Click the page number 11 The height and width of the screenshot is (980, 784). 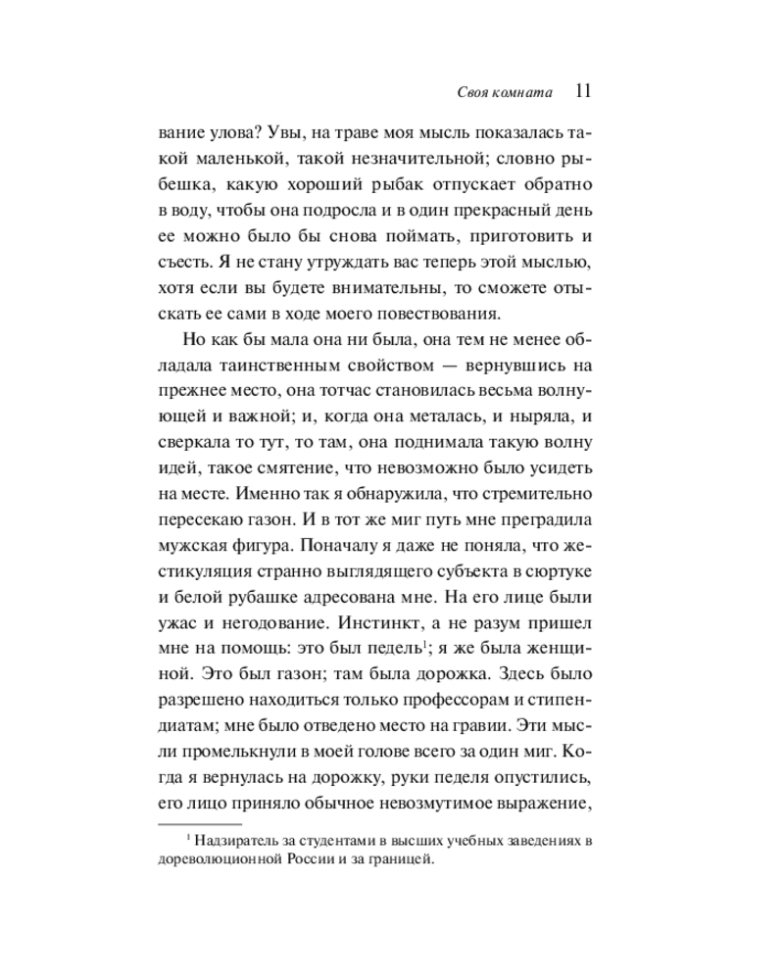coord(579,91)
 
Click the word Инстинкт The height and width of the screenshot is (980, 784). coord(373,619)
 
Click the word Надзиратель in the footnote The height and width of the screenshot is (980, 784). coord(236,841)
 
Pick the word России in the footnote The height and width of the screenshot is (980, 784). coord(307,861)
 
